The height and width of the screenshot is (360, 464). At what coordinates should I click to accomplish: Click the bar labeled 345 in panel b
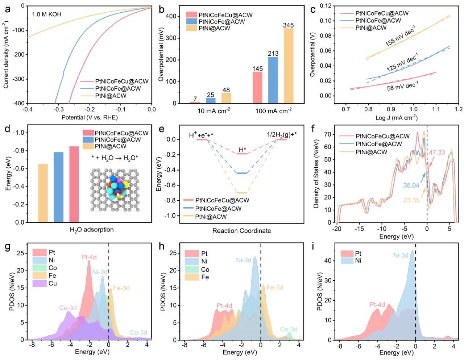click(289, 66)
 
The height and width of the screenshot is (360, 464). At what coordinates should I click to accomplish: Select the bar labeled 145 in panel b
click(257, 87)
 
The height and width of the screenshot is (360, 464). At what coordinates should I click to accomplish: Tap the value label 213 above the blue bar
click(273, 54)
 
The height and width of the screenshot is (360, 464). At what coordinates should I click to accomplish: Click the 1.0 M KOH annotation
click(47, 14)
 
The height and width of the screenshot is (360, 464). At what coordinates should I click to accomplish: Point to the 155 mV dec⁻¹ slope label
click(400, 36)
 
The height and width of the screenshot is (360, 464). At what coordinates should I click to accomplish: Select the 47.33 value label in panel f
click(437, 152)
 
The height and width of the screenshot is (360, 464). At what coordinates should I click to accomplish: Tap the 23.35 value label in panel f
click(411, 200)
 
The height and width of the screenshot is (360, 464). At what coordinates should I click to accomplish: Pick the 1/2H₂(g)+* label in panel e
click(282, 135)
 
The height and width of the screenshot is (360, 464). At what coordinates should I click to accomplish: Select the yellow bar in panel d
click(43, 193)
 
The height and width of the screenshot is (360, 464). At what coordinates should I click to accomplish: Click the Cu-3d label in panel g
click(68, 308)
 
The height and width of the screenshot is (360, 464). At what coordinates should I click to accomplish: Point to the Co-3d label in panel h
click(289, 329)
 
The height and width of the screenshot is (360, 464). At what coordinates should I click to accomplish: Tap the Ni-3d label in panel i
click(401, 255)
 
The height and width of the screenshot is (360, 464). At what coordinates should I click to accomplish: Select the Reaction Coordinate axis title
click(241, 231)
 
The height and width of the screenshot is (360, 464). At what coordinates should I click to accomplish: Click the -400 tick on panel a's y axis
click(18, 104)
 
